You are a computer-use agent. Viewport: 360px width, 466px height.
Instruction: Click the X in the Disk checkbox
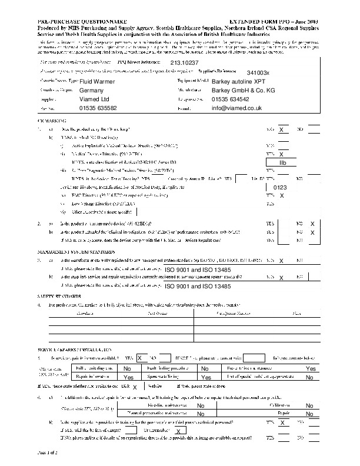[x=135, y=387]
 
